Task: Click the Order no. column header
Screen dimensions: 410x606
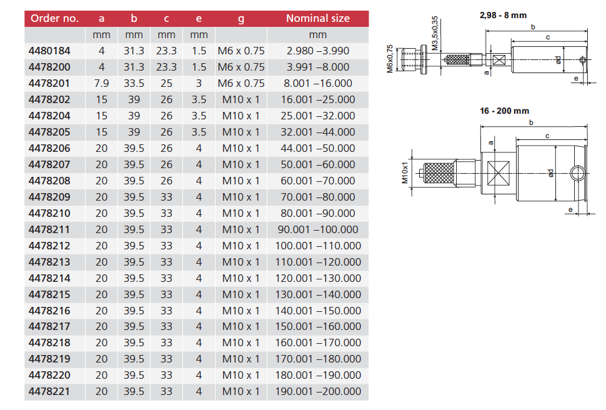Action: point(54,18)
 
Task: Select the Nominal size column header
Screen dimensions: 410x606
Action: point(317,18)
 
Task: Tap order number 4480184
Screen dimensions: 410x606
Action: point(49,51)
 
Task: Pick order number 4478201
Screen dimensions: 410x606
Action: point(49,83)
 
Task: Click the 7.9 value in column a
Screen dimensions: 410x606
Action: point(102,83)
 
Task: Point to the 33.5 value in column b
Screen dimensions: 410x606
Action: point(134,83)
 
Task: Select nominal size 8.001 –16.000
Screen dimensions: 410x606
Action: point(318,83)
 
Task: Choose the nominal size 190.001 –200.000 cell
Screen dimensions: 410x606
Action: point(318,391)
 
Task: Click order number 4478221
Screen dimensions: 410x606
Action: point(49,391)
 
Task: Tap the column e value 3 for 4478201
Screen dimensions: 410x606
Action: point(199,83)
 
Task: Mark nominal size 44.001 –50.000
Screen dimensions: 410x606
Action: point(318,148)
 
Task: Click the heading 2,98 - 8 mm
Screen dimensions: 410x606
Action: point(503,14)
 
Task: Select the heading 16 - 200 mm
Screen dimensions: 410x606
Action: point(504,111)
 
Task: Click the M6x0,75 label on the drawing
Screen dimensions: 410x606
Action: point(390,59)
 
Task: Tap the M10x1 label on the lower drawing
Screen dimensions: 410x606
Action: point(405,172)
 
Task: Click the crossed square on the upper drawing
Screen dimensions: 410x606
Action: point(498,61)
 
